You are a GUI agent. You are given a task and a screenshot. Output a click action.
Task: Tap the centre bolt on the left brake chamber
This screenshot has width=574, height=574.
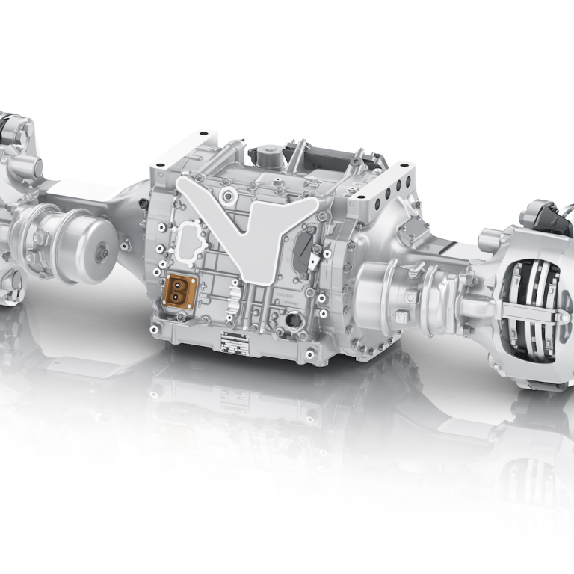point(102,253)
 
